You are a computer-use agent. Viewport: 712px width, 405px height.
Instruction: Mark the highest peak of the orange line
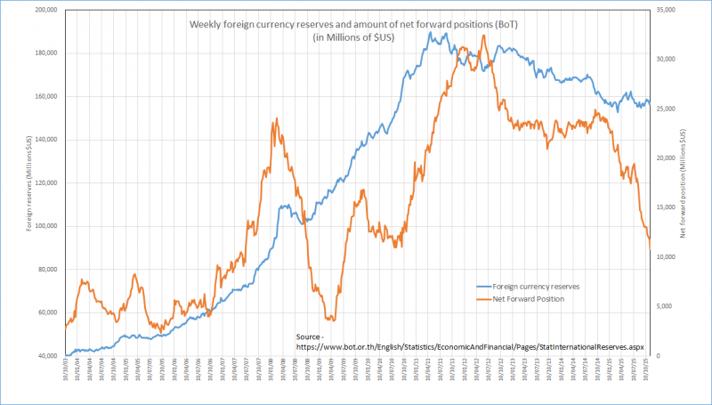(x=483, y=35)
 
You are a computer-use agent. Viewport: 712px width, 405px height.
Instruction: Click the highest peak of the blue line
(x=432, y=32)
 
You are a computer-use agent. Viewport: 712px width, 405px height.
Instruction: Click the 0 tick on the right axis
(x=656, y=356)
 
